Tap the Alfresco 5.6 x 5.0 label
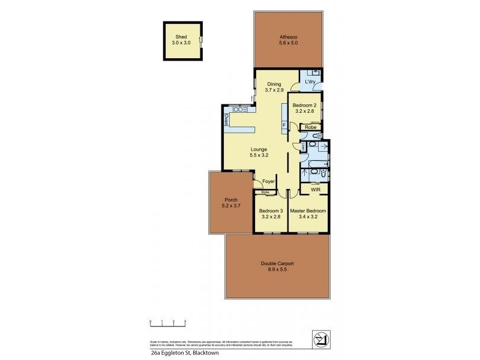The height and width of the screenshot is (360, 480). (289, 40)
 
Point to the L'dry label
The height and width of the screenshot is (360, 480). (310, 81)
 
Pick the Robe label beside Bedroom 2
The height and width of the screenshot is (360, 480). (310, 127)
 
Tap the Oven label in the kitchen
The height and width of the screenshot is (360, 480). (226, 119)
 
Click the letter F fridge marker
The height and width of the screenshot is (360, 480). (284, 125)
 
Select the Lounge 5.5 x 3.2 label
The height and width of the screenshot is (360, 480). (259, 152)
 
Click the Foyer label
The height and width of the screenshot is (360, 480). (268, 181)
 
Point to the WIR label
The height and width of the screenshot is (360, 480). (315, 190)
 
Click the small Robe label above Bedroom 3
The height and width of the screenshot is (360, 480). (265, 193)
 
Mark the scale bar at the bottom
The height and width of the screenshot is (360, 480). (169, 323)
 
